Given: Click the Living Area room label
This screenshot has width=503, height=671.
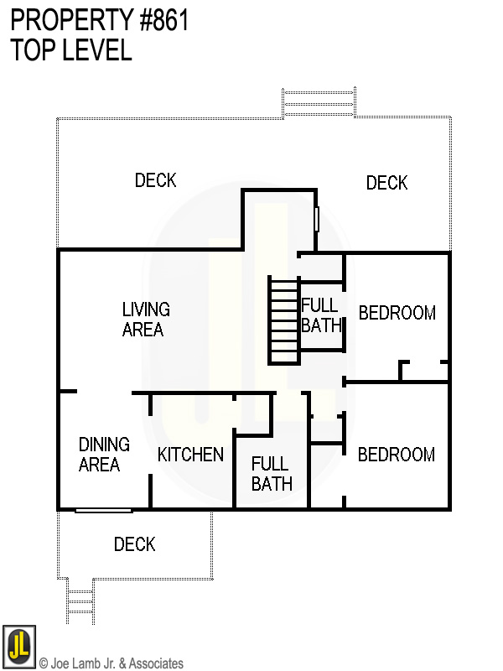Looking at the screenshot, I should click(x=145, y=320).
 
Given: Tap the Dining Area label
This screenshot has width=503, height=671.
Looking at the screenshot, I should click(x=103, y=454).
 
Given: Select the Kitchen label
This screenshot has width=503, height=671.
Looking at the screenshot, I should click(x=190, y=455).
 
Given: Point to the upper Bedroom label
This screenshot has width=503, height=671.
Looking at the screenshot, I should click(x=397, y=313).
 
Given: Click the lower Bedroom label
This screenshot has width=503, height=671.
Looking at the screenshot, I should click(x=396, y=455).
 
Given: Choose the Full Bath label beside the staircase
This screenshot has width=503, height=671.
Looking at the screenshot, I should click(x=321, y=315).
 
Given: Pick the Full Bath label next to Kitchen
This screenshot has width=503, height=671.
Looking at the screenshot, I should click(x=272, y=473).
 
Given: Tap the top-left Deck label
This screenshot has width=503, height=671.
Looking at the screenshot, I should click(x=155, y=180).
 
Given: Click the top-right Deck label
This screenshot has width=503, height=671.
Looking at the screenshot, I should click(x=386, y=183).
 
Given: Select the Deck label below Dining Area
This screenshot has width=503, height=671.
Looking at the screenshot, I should click(x=134, y=545).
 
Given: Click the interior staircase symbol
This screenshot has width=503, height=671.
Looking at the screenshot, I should click(x=284, y=320).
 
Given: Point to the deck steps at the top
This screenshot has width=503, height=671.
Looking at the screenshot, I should click(x=319, y=102).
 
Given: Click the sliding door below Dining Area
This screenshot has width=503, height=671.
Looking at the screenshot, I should click(x=103, y=510).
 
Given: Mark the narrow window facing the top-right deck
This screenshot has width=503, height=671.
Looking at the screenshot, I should click(x=317, y=219).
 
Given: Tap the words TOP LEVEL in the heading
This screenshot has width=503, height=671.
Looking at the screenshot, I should click(x=71, y=50).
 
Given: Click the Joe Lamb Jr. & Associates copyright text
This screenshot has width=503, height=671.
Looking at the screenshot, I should click(x=111, y=663).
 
